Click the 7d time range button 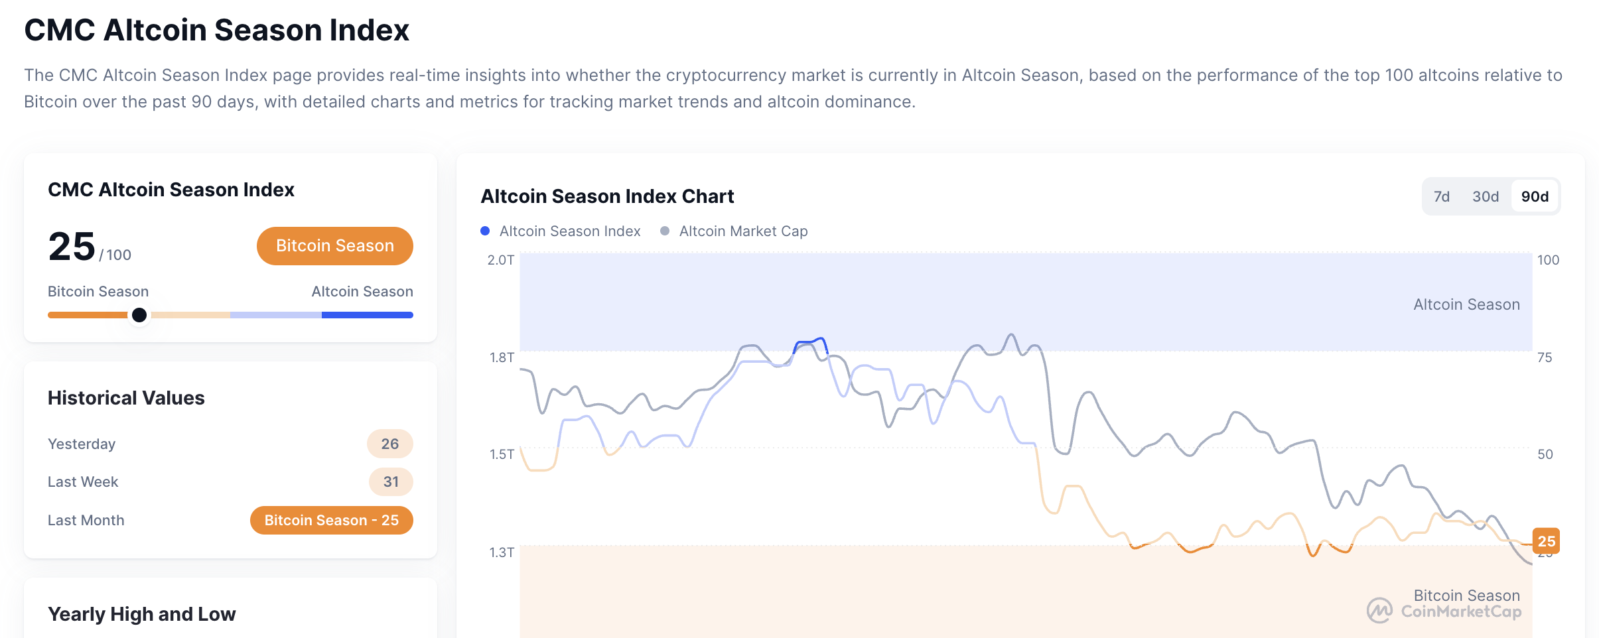tap(1441, 196)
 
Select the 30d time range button tap(1485, 196)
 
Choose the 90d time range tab tap(1535, 196)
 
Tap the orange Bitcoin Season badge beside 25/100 tap(334, 246)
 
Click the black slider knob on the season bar tap(139, 315)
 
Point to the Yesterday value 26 tap(389, 444)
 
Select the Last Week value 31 tap(391, 482)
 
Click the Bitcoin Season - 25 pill tap(331, 521)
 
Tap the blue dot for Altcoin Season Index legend tap(485, 231)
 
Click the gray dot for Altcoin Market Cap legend tap(665, 231)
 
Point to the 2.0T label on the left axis tap(500, 260)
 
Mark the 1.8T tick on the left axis tap(502, 357)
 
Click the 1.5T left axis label tap(502, 454)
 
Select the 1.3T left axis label tap(502, 552)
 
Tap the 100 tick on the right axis tap(1548, 260)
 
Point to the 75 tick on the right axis tap(1545, 357)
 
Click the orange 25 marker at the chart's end tap(1546, 541)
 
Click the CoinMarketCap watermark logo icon tap(1380, 611)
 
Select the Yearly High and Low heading tap(141, 614)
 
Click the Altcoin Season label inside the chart tap(1466, 304)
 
